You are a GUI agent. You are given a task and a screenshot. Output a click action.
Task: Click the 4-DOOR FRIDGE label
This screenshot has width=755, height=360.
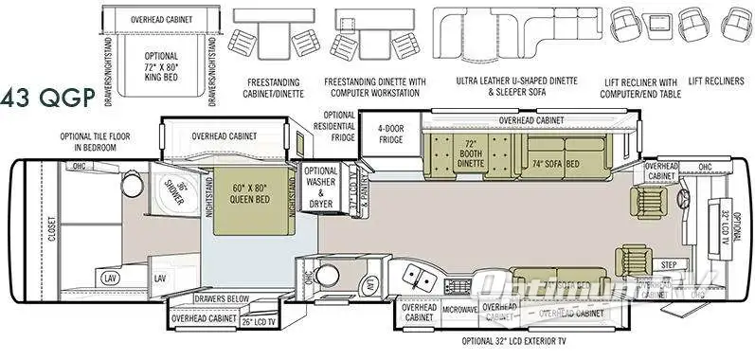(392, 135)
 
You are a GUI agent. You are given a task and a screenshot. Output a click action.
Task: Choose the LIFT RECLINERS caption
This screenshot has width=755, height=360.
(716, 81)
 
